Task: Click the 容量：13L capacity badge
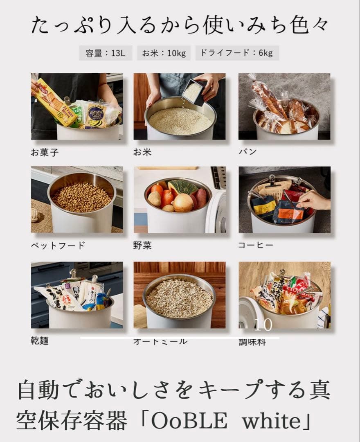(106, 53)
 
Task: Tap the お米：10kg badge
(164, 53)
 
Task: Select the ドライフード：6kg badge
(237, 53)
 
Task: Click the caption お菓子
(45, 153)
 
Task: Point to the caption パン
(248, 152)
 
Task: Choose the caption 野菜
(142, 246)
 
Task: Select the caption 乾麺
(40, 341)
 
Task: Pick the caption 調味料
(252, 342)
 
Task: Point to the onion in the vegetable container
(182, 202)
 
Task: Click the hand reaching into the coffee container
(313, 200)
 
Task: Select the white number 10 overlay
(263, 325)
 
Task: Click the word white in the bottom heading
(268, 420)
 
